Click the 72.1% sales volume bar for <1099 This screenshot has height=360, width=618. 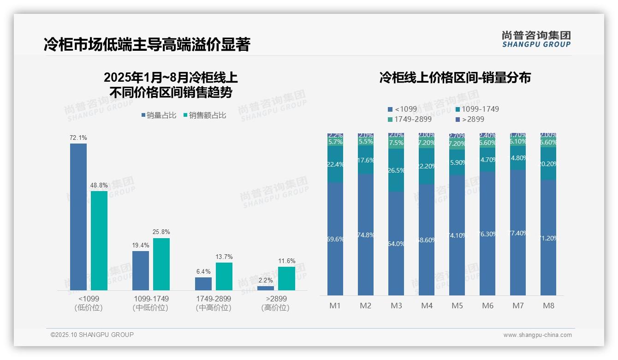tap(78, 216)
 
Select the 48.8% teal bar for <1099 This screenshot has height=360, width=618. tap(99, 240)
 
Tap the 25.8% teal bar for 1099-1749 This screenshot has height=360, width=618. tap(161, 264)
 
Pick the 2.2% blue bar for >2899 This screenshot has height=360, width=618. tap(266, 288)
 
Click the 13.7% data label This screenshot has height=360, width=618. tap(224, 257)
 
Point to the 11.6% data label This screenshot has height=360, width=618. tap(287, 261)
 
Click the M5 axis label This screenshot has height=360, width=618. tap(457, 306)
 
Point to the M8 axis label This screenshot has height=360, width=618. tap(548, 306)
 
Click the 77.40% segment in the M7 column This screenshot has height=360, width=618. tap(518, 233)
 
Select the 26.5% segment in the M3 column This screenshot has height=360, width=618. tap(396, 170)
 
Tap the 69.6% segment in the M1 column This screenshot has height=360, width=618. tap(335, 239)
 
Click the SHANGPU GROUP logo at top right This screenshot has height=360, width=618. tap(536, 39)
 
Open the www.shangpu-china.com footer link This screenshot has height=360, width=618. tap(537, 335)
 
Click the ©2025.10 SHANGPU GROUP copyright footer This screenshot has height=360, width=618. tap(92, 335)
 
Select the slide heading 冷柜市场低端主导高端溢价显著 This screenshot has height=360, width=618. tap(147, 45)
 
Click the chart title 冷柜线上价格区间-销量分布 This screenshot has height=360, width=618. tap(455, 78)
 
